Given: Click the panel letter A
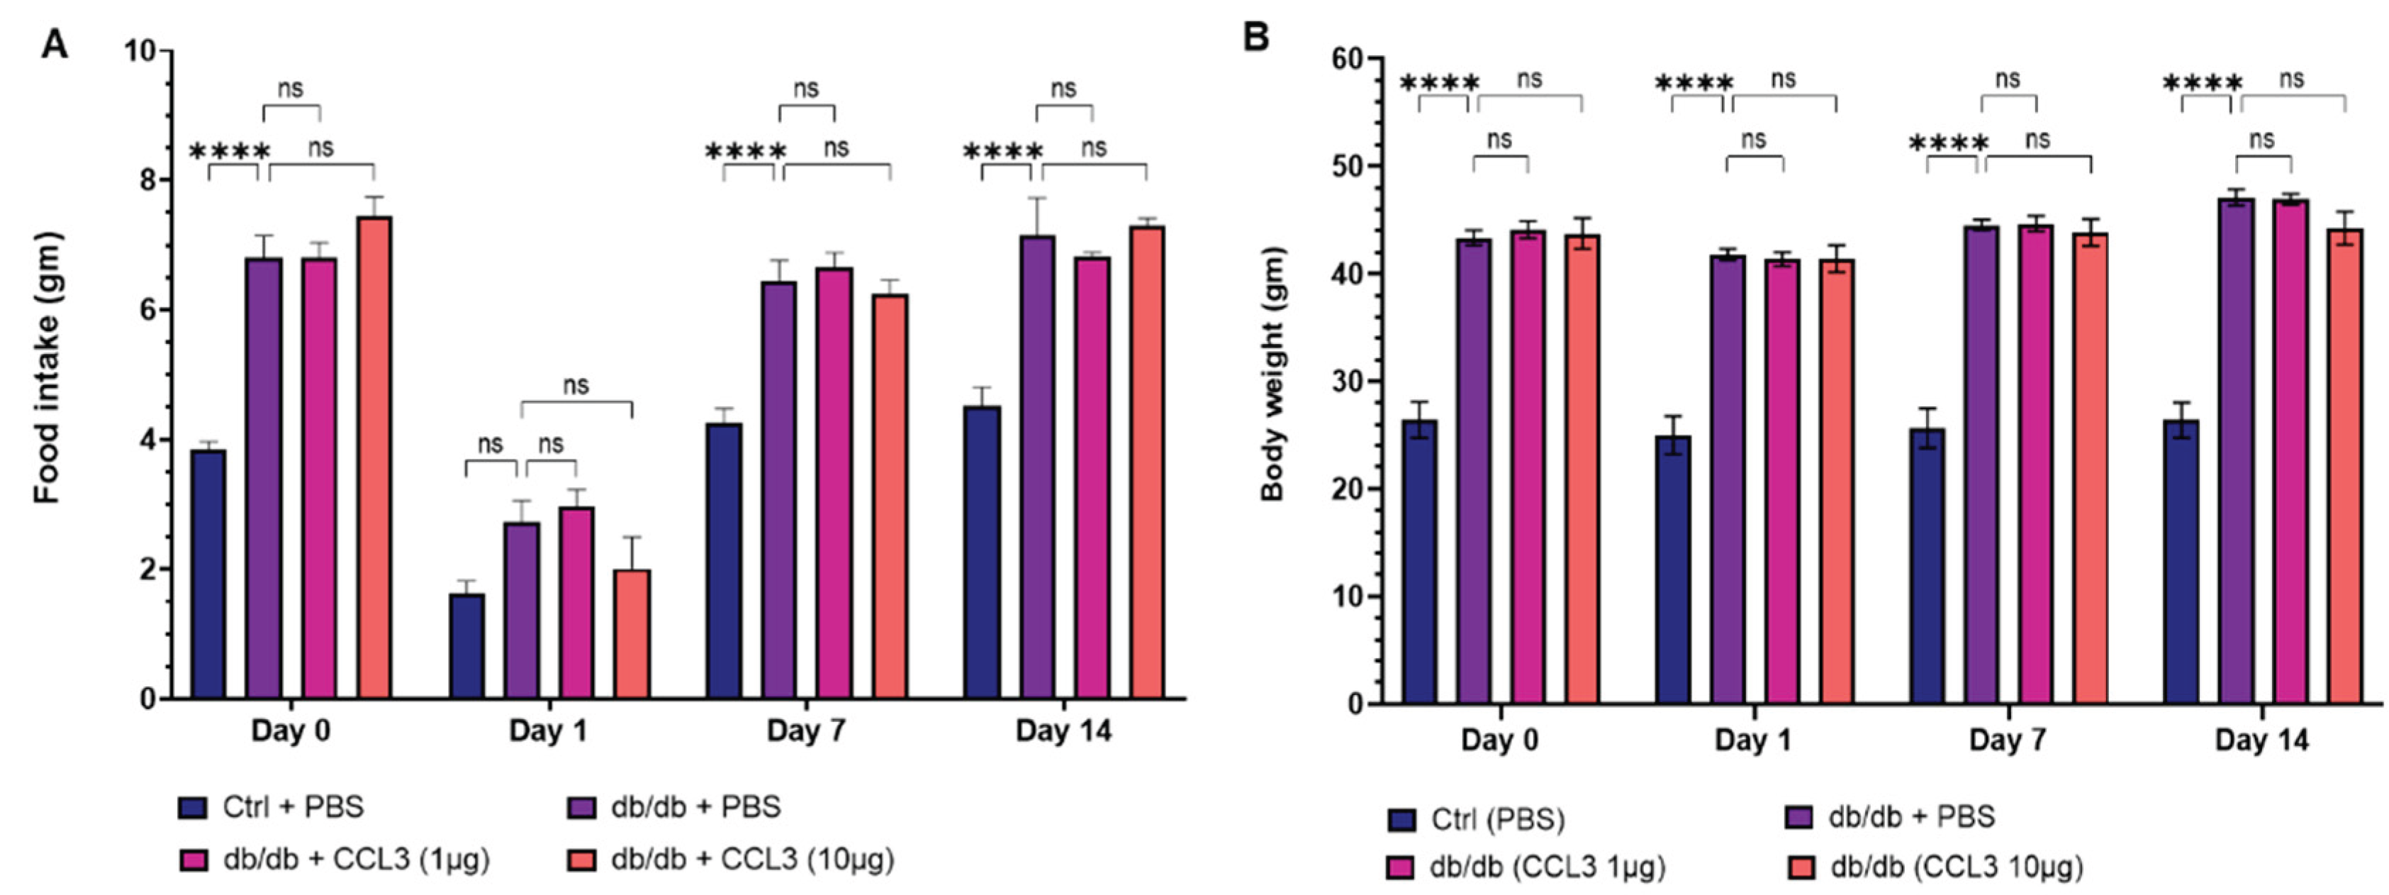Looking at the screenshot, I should [55, 43].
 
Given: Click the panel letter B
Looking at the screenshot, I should [1257, 39].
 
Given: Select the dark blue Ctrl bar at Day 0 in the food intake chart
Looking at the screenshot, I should [208, 574].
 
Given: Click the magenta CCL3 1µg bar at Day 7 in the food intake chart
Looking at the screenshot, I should [834, 483].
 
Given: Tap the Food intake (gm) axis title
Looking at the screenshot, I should [47, 368].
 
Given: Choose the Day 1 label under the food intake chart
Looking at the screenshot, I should [548, 732].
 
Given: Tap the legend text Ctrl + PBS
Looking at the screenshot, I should [293, 807].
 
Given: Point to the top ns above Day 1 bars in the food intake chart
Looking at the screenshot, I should [575, 385].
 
